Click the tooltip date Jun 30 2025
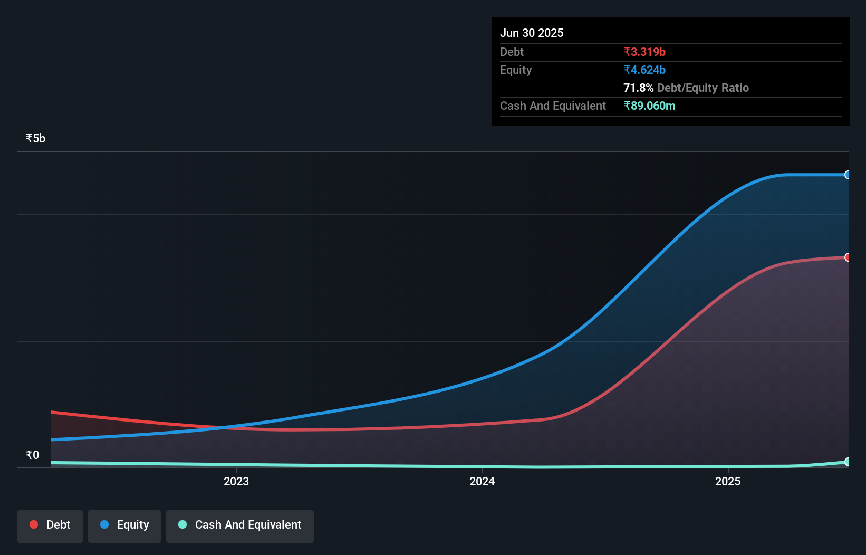coord(532,33)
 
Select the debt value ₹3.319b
coord(644,52)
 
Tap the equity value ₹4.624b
coord(644,70)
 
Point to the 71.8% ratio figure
coord(638,88)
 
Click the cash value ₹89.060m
coord(649,106)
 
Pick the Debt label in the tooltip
coord(512,52)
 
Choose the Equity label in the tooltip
coord(516,70)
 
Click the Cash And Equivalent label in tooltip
coord(553,106)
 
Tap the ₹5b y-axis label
coord(35,138)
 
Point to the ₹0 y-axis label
coord(32,455)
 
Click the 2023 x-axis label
coord(236,481)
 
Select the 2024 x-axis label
coord(482,481)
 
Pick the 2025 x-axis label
coord(728,481)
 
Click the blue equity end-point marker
coord(848,175)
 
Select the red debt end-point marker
coord(848,257)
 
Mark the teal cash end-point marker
coord(848,462)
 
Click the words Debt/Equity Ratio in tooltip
coord(703,88)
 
